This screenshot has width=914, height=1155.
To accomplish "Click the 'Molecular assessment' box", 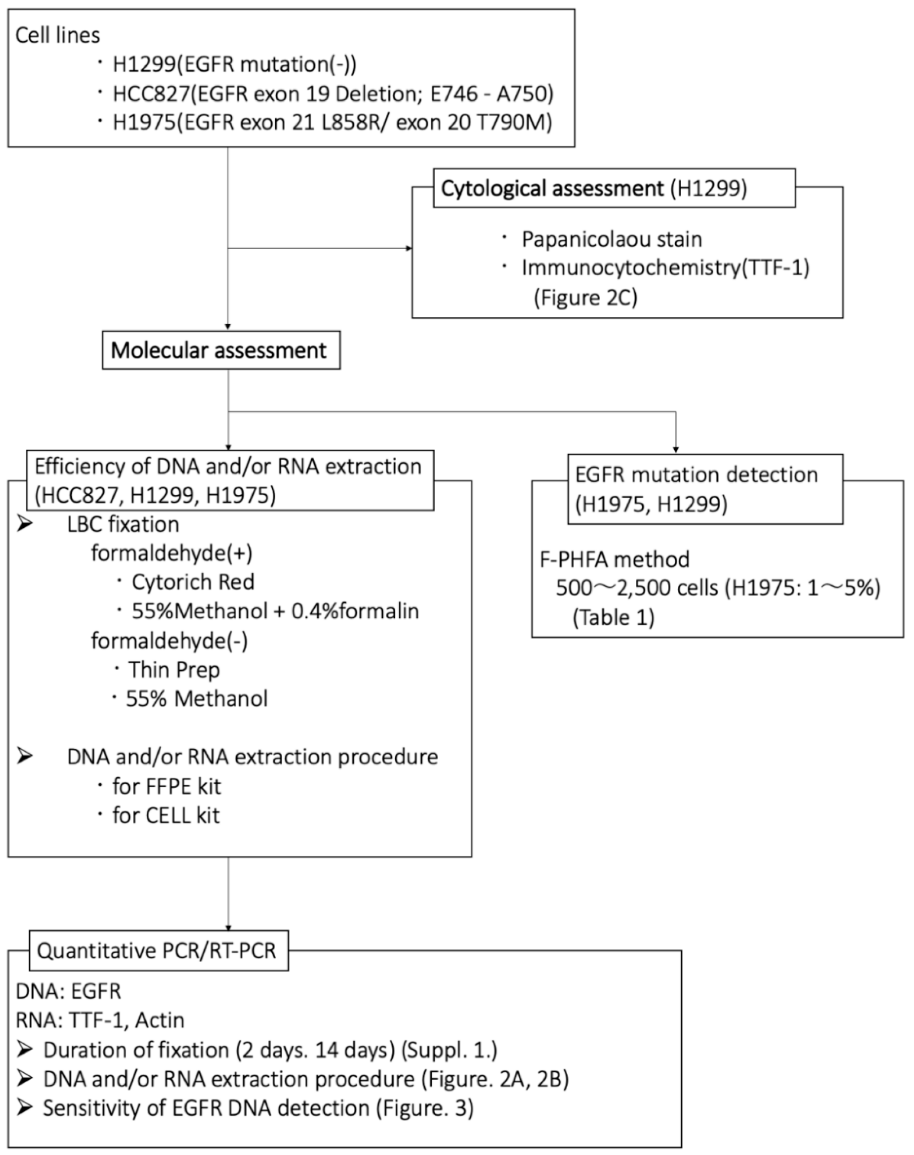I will click(x=221, y=351).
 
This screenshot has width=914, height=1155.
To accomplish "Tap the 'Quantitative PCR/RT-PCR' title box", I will click(x=158, y=950).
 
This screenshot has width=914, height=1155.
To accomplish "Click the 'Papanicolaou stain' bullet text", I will click(x=612, y=239).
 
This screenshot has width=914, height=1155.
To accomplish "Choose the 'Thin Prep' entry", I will click(x=173, y=669).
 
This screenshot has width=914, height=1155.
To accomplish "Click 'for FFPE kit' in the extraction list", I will click(x=166, y=786).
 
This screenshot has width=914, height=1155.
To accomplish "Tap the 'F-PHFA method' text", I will click(x=614, y=559).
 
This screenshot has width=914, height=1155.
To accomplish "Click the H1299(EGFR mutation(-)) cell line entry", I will click(x=234, y=65).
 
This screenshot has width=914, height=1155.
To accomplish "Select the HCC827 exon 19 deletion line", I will click(x=332, y=94).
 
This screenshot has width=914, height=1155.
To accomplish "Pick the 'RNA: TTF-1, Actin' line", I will click(x=100, y=1020).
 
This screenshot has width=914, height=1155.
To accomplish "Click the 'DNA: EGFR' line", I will click(x=69, y=991).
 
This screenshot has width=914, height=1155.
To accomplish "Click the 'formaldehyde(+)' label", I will click(x=171, y=553).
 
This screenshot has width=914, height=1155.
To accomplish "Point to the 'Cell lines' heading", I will click(x=58, y=35).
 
